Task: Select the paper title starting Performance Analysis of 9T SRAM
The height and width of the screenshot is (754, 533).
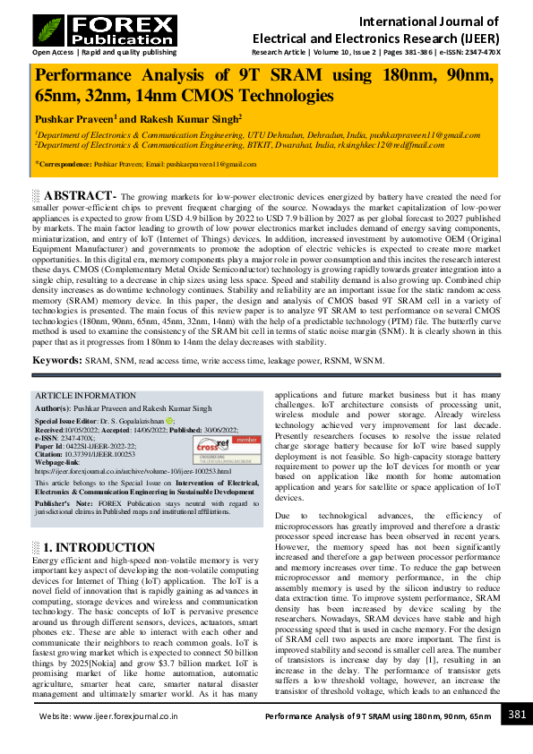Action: click(x=264, y=86)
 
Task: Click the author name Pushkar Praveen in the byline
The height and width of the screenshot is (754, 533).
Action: click(x=74, y=119)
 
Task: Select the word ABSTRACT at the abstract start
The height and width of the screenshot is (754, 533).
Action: click(x=80, y=196)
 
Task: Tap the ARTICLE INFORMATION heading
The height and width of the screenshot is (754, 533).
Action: click(x=85, y=396)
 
